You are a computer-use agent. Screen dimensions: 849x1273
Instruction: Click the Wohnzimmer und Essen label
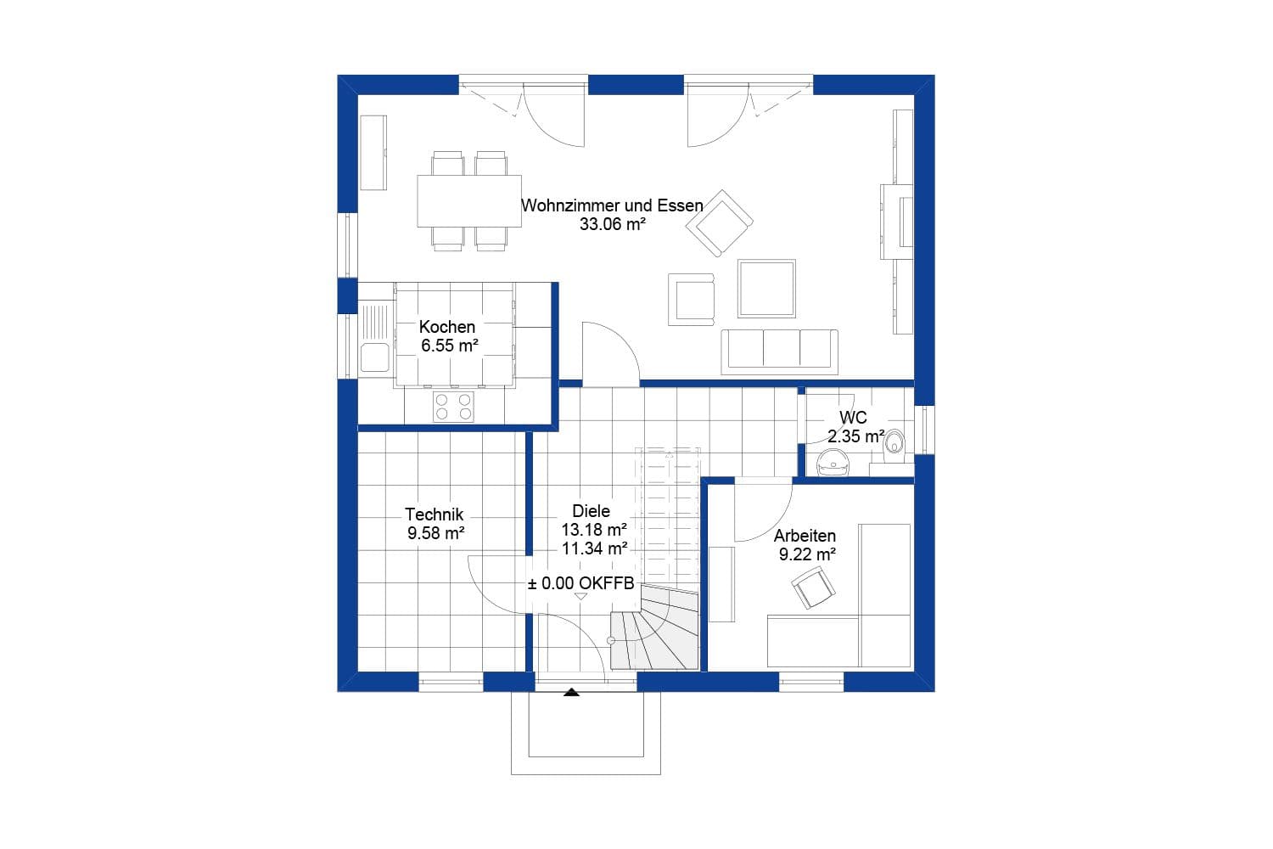click(612, 205)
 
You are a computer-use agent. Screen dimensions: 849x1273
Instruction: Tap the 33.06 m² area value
click(613, 225)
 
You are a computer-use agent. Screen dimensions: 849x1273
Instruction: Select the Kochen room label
click(447, 327)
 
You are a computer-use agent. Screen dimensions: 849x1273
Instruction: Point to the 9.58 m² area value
click(435, 533)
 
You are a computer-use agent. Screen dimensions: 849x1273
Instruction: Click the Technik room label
click(434, 514)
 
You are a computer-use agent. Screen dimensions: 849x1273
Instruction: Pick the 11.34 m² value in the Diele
click(594, 548)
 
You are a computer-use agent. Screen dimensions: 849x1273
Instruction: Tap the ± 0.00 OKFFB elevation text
click(580, 584)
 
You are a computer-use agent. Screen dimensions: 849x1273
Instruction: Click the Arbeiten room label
click(805, 536)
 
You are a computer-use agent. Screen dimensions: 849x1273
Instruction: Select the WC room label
click(853, 418)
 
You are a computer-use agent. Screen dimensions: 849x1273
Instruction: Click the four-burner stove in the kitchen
click(453, 407)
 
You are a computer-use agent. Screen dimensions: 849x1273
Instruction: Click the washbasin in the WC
click(833, 462)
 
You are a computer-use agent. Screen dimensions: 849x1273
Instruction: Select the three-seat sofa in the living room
click(779, 350)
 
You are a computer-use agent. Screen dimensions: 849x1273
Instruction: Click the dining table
click(468, 200)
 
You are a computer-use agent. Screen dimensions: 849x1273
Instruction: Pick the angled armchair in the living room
click(720, 222)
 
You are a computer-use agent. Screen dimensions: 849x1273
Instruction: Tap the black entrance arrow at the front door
click(571, 692)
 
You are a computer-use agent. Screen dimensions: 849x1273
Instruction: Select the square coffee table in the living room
click(766, 289)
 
